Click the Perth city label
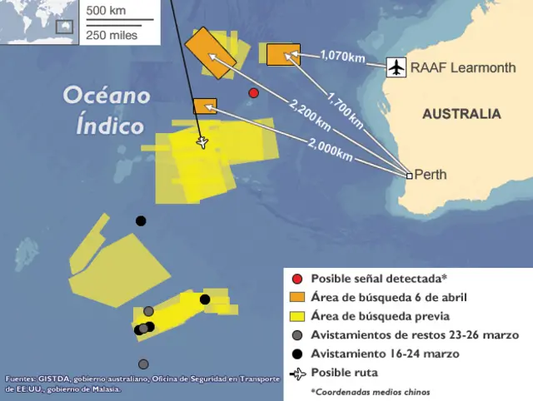tap(431, 175)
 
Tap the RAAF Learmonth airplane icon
tap(396, 67)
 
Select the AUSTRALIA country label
tap(461, 114)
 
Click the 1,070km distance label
tap(342, 57)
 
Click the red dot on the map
tap(254, 93)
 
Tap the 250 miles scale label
tap(112, 34)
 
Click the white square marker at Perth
tap(409, 176)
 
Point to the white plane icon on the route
tap(202, 141)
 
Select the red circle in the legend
tap(296, 278)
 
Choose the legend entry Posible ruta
tap(344, 373)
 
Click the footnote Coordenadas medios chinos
tap(371, 391)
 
